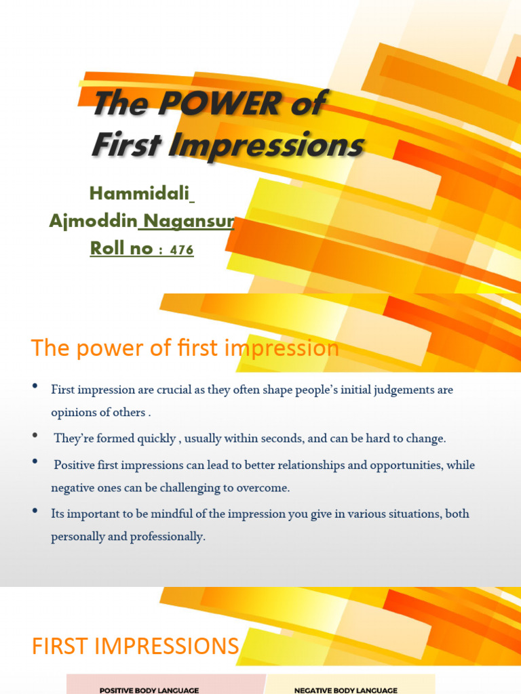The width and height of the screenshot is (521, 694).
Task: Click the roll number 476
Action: point(182,250)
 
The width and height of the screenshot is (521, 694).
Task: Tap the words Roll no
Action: point(121,249)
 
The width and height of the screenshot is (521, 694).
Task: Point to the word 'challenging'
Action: point(185,487)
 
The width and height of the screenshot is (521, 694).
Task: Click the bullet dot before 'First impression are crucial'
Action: point(35,387)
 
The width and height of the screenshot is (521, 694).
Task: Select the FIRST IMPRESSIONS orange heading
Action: point(136,646)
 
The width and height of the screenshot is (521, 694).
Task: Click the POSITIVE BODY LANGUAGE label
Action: point(149,690)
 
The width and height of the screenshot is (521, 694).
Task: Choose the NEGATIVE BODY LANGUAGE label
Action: point(346,690)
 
